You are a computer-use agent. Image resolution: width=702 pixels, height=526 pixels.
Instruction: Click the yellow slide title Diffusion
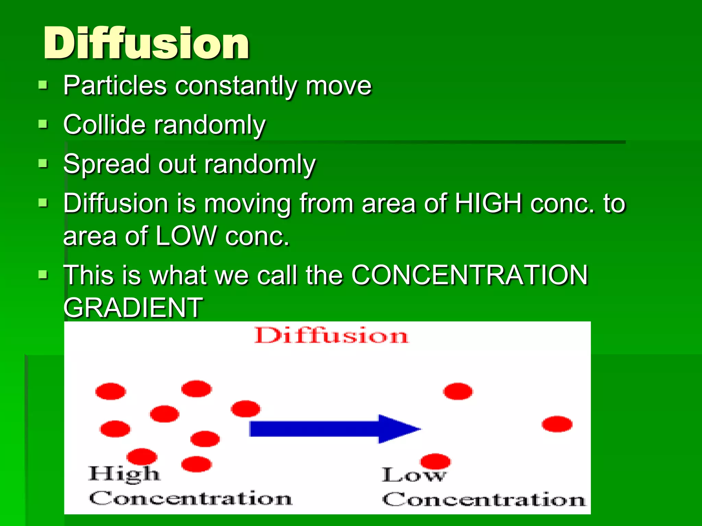click(146, 43)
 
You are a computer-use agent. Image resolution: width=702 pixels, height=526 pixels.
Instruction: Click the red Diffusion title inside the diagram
click(331, 336)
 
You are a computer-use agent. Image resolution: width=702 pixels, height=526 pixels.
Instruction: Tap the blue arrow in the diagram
click(334, 429)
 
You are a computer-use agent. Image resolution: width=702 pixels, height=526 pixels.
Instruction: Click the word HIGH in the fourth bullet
click(488, 203)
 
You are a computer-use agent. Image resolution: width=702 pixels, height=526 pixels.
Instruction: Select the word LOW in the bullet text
click(186, 236)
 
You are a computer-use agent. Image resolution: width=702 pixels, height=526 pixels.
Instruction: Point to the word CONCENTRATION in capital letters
click(470, 275)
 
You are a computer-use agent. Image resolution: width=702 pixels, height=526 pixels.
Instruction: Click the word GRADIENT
click(133, 308)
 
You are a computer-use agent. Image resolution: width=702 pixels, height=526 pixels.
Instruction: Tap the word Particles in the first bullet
click(115, 86)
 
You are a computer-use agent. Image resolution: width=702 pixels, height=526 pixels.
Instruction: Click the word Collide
click(105, 125)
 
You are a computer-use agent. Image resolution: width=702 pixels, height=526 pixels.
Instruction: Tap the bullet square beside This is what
click(43, 274)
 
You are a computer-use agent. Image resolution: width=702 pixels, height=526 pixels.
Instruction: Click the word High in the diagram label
click(124, 474)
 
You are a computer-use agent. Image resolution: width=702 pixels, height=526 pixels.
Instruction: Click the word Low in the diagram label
click(414, 475)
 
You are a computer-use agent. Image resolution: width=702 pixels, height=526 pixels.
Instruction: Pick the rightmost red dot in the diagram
click(557, 424)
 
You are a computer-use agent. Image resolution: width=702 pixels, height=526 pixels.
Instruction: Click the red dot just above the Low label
click(435, 461)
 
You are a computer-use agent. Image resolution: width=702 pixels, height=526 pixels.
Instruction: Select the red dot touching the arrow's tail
click(245, 409)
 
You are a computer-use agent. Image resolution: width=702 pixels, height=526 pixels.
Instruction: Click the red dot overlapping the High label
click(142, 456)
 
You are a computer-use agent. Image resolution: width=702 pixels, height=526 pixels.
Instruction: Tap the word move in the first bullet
click(339, 86)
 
